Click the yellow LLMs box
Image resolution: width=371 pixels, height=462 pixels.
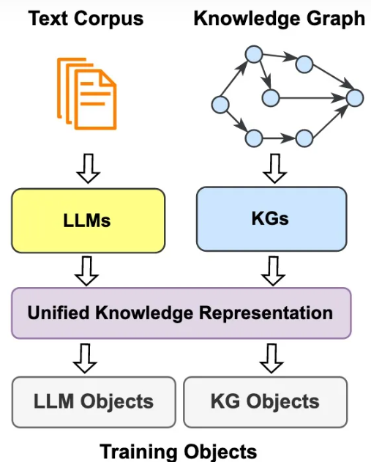pos(88,220)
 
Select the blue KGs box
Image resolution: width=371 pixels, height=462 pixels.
pos(271,219)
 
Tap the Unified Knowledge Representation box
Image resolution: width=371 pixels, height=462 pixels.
pos(181,313)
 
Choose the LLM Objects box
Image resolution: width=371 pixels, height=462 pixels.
pos(94,402)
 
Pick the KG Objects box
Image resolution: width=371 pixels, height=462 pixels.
pos(266,402)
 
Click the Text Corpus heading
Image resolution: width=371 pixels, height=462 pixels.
pos(86,19)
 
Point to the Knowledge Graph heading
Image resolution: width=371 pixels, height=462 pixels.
pos(279,19)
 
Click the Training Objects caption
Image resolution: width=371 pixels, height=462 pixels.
pos(179,452)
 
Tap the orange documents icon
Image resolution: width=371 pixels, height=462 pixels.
pos(87,94)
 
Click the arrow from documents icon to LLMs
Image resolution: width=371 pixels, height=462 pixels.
pos(89,168)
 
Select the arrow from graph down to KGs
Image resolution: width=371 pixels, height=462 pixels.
pos(274,168)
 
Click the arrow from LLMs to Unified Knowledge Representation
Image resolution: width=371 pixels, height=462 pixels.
pos(86,271)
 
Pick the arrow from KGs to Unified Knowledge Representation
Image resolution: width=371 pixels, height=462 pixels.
pos(273,271)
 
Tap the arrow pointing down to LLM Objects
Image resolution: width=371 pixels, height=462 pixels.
pos(85,358)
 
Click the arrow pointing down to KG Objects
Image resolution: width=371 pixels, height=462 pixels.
pos(271,358)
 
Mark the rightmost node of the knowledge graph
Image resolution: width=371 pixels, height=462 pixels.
pos(355,98)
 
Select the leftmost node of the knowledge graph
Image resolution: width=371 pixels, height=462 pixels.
pos(220,105)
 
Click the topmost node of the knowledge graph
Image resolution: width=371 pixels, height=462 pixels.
pos(254,54)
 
